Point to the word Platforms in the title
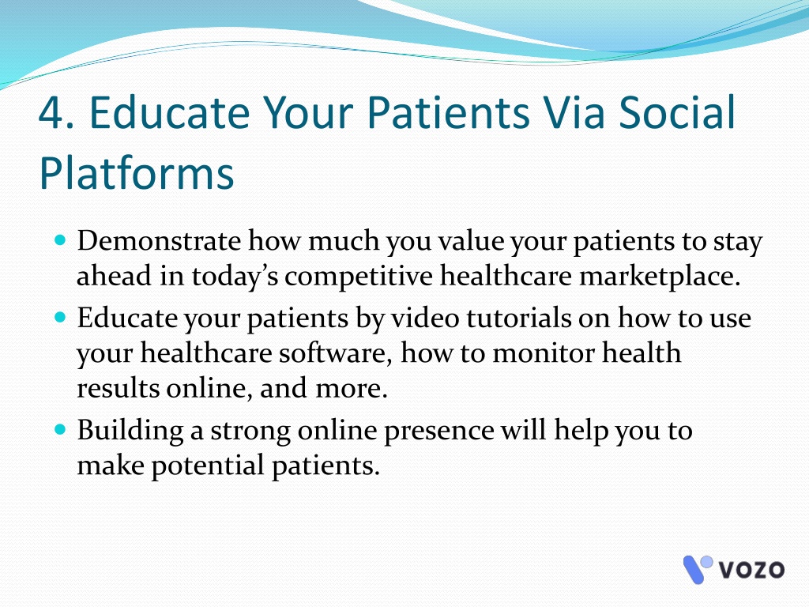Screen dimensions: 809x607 click(137, 172)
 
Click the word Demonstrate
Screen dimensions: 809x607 click(159, 241)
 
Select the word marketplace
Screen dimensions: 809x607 click(660, 277)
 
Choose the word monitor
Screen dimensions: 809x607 click(543, 353)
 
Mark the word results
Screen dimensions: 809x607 click(119, 388)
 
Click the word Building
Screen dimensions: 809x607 click(130, 432)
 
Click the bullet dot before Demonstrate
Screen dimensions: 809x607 click(60, 239)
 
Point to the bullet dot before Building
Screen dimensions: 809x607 click(60, 429)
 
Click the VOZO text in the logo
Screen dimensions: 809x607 click(751, 570)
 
